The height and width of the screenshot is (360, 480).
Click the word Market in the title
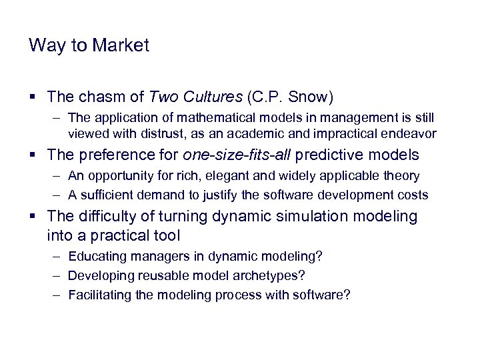pyautogui.click(x=121, y=45)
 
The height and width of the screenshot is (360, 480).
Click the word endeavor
pyautogui.click(x=410, y=133)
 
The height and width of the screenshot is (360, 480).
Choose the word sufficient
pyautogui.click(x=105, y=195)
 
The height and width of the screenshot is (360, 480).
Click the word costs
pyautogui.click(x=414, y=195)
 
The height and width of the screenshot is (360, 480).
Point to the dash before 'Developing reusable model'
pyautogui.click(x=57, y=275)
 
